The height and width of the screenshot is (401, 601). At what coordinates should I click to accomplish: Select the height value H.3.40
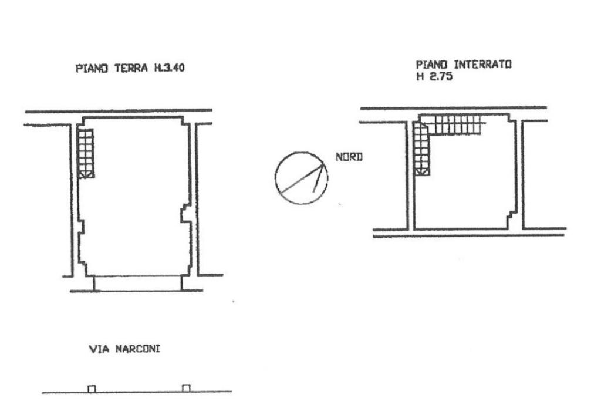point(170,68)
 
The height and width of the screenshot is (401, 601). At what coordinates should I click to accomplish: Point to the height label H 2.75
point(435,76)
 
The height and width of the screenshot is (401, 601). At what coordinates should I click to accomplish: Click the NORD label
point(349,157)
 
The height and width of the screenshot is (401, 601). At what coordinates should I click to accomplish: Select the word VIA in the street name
point(99,349)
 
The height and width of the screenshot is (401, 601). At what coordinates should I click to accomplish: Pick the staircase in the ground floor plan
point(86,153)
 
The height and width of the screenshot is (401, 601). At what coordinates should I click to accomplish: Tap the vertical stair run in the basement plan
point(421,149)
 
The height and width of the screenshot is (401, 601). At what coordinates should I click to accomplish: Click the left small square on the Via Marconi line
point(92,389)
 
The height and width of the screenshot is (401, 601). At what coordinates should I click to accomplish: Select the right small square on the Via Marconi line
point(186,388)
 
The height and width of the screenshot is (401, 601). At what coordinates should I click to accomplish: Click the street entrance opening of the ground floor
point(138,284)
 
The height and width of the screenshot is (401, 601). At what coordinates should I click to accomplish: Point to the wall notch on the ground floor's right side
point(185,214)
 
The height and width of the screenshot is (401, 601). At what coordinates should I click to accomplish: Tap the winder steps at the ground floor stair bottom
point(86,174)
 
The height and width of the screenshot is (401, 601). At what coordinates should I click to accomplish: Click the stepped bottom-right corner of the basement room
point(512,220)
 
